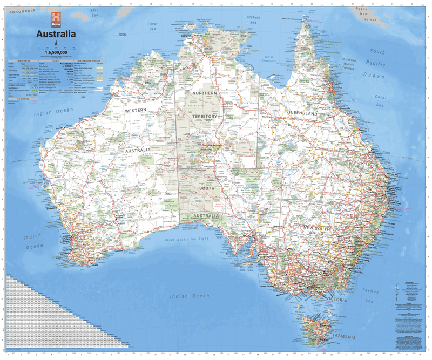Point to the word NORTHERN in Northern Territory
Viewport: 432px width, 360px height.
tap(203, 93)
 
